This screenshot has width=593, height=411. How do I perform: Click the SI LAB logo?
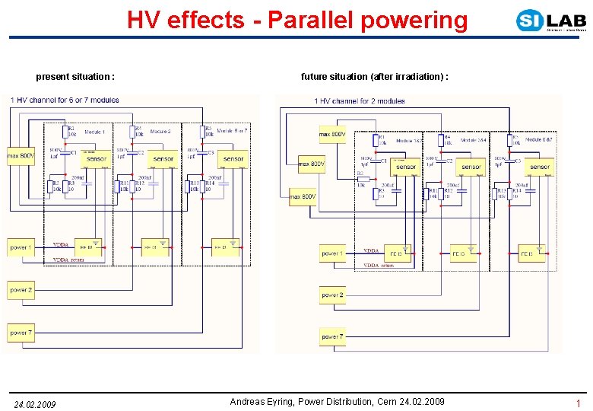click(550, 21)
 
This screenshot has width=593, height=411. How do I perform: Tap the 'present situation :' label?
click(76, 77)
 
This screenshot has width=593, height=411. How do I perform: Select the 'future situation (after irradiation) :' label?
click(375, 77)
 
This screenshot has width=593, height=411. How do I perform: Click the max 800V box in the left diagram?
click(21, 157)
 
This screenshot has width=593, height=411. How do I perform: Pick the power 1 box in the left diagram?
click(21, 247)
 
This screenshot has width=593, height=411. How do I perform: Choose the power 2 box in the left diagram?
click(21, 290)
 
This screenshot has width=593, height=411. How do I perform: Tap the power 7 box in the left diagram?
click(21, 333)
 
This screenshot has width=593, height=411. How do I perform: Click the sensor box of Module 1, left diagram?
click(97, 158)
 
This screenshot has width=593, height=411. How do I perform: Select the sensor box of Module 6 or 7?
click(233, 158)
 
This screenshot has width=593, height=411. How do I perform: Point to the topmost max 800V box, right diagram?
click(332, 135)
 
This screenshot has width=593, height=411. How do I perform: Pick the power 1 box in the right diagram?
click(332, 253)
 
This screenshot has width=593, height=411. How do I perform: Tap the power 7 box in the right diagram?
click(332, 336)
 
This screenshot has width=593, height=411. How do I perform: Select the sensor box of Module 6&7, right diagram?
click(540, 166)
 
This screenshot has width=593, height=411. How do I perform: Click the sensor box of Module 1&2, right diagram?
click(406, 166)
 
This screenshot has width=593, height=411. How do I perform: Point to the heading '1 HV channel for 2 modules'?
click(360, 100)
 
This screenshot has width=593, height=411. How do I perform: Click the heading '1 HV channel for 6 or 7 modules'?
click(65, 100)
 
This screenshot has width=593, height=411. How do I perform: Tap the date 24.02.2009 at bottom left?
click(35, 403)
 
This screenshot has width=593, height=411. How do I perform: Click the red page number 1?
click(579, 403)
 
